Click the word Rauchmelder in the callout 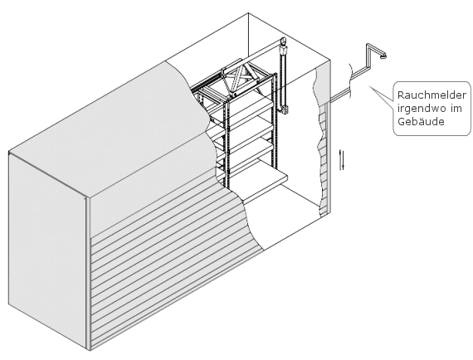point(432,95)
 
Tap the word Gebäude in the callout point(421,121)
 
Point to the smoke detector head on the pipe point(383,56)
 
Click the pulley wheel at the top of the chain point(283,41)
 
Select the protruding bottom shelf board point(266,187)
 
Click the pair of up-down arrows point(342,160)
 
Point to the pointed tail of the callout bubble point(370,86)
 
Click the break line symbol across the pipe point(350,80)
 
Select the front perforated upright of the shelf point(227,142)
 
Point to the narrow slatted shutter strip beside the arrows point(323,160)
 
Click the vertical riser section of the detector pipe point(368,56)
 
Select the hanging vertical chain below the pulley point(283,79)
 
